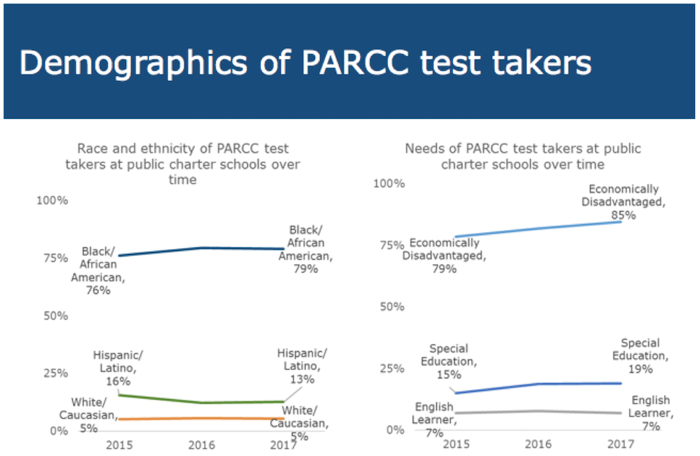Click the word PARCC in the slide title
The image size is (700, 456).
(354, 63)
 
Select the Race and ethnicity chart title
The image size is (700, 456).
(182, 164)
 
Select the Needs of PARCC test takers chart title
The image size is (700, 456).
(523, 156)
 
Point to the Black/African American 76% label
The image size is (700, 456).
(98, 271)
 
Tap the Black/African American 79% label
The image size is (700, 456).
(306, 250)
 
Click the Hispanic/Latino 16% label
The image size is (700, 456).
(118, 368)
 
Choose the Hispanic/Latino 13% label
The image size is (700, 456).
(302, 366)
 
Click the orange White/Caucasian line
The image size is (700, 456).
(201, 418)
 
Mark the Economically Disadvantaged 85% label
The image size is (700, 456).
(623, 202)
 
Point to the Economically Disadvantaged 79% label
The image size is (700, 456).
(444, 255)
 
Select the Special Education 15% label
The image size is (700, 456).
(448, 361)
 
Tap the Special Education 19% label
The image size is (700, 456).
(640, 356)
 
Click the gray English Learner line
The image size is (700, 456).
(538, 411)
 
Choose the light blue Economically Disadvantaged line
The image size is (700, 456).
(538, 228)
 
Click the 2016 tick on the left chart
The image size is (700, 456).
(201, 445)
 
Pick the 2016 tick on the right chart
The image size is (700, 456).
(538, 444)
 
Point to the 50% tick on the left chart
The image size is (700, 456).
(56, 316)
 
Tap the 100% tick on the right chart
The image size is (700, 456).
(389, 184)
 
